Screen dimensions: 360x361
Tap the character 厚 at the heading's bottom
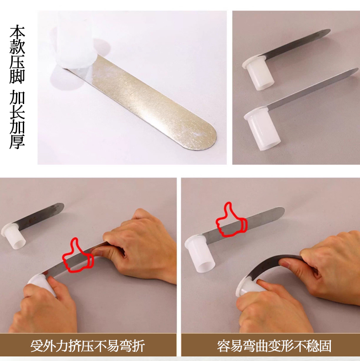(17, 141)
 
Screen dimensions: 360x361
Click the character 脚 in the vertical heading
(17, 76)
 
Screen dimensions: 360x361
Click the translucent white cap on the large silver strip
(76, 41)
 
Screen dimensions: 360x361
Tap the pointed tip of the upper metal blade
(329, 30)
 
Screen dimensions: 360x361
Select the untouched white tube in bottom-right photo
(200, 253)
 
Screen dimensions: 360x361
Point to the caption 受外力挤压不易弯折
(87, 346)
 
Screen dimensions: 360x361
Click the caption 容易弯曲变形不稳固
(274, 346)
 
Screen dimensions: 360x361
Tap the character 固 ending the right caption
(325, 346)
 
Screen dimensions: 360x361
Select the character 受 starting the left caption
(37, 346)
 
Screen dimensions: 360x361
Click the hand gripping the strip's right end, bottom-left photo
(138, 246)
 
